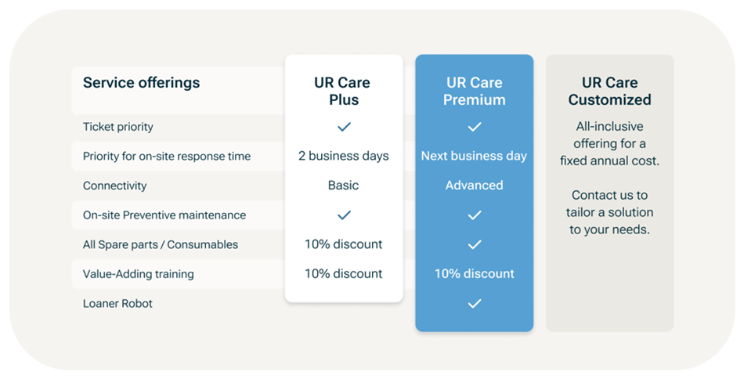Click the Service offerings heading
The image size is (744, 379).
pyautogui.click(x=142, y=83)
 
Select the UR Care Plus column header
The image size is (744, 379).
pyautogui.click(x=342, y=91)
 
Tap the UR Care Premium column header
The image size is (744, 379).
pyautogui.click(x=474, y=91)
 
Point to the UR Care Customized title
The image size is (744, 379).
pyautogui.click(x=610, y=91)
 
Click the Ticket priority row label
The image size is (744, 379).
pyautogui.click(x=118, y=127)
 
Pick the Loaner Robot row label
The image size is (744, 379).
pyautogui.click(x=117, y=304)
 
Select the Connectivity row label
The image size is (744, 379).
pyautogui.click(x=115, y=186)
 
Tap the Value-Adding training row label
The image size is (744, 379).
pyautogui.click(x=139, y=274)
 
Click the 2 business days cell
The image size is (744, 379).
pyautogui.click(x=344, y=156)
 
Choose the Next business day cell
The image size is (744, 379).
pyautogui.click(x=474, y=156)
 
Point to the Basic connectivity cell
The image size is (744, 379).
pyautogui.click(x=344, y=185)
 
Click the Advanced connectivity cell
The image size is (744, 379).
pyautogui.click(x=474, y=185)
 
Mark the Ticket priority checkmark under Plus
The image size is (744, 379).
pyautogui.click(x=344, y=127)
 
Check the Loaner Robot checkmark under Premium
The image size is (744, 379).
pyautogui.click(x=475, y=304)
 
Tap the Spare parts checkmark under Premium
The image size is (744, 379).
pyautogui.click(x=475, y=245)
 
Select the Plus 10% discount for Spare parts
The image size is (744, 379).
pyautogui.click(x=344, y=244)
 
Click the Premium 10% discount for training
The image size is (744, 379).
pyautogui.click(x=475, y=274)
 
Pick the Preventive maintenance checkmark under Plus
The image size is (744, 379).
pyautogui.click(x=344, y=215)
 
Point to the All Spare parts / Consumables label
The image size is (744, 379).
pyautogui.click(x=161, y=245)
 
